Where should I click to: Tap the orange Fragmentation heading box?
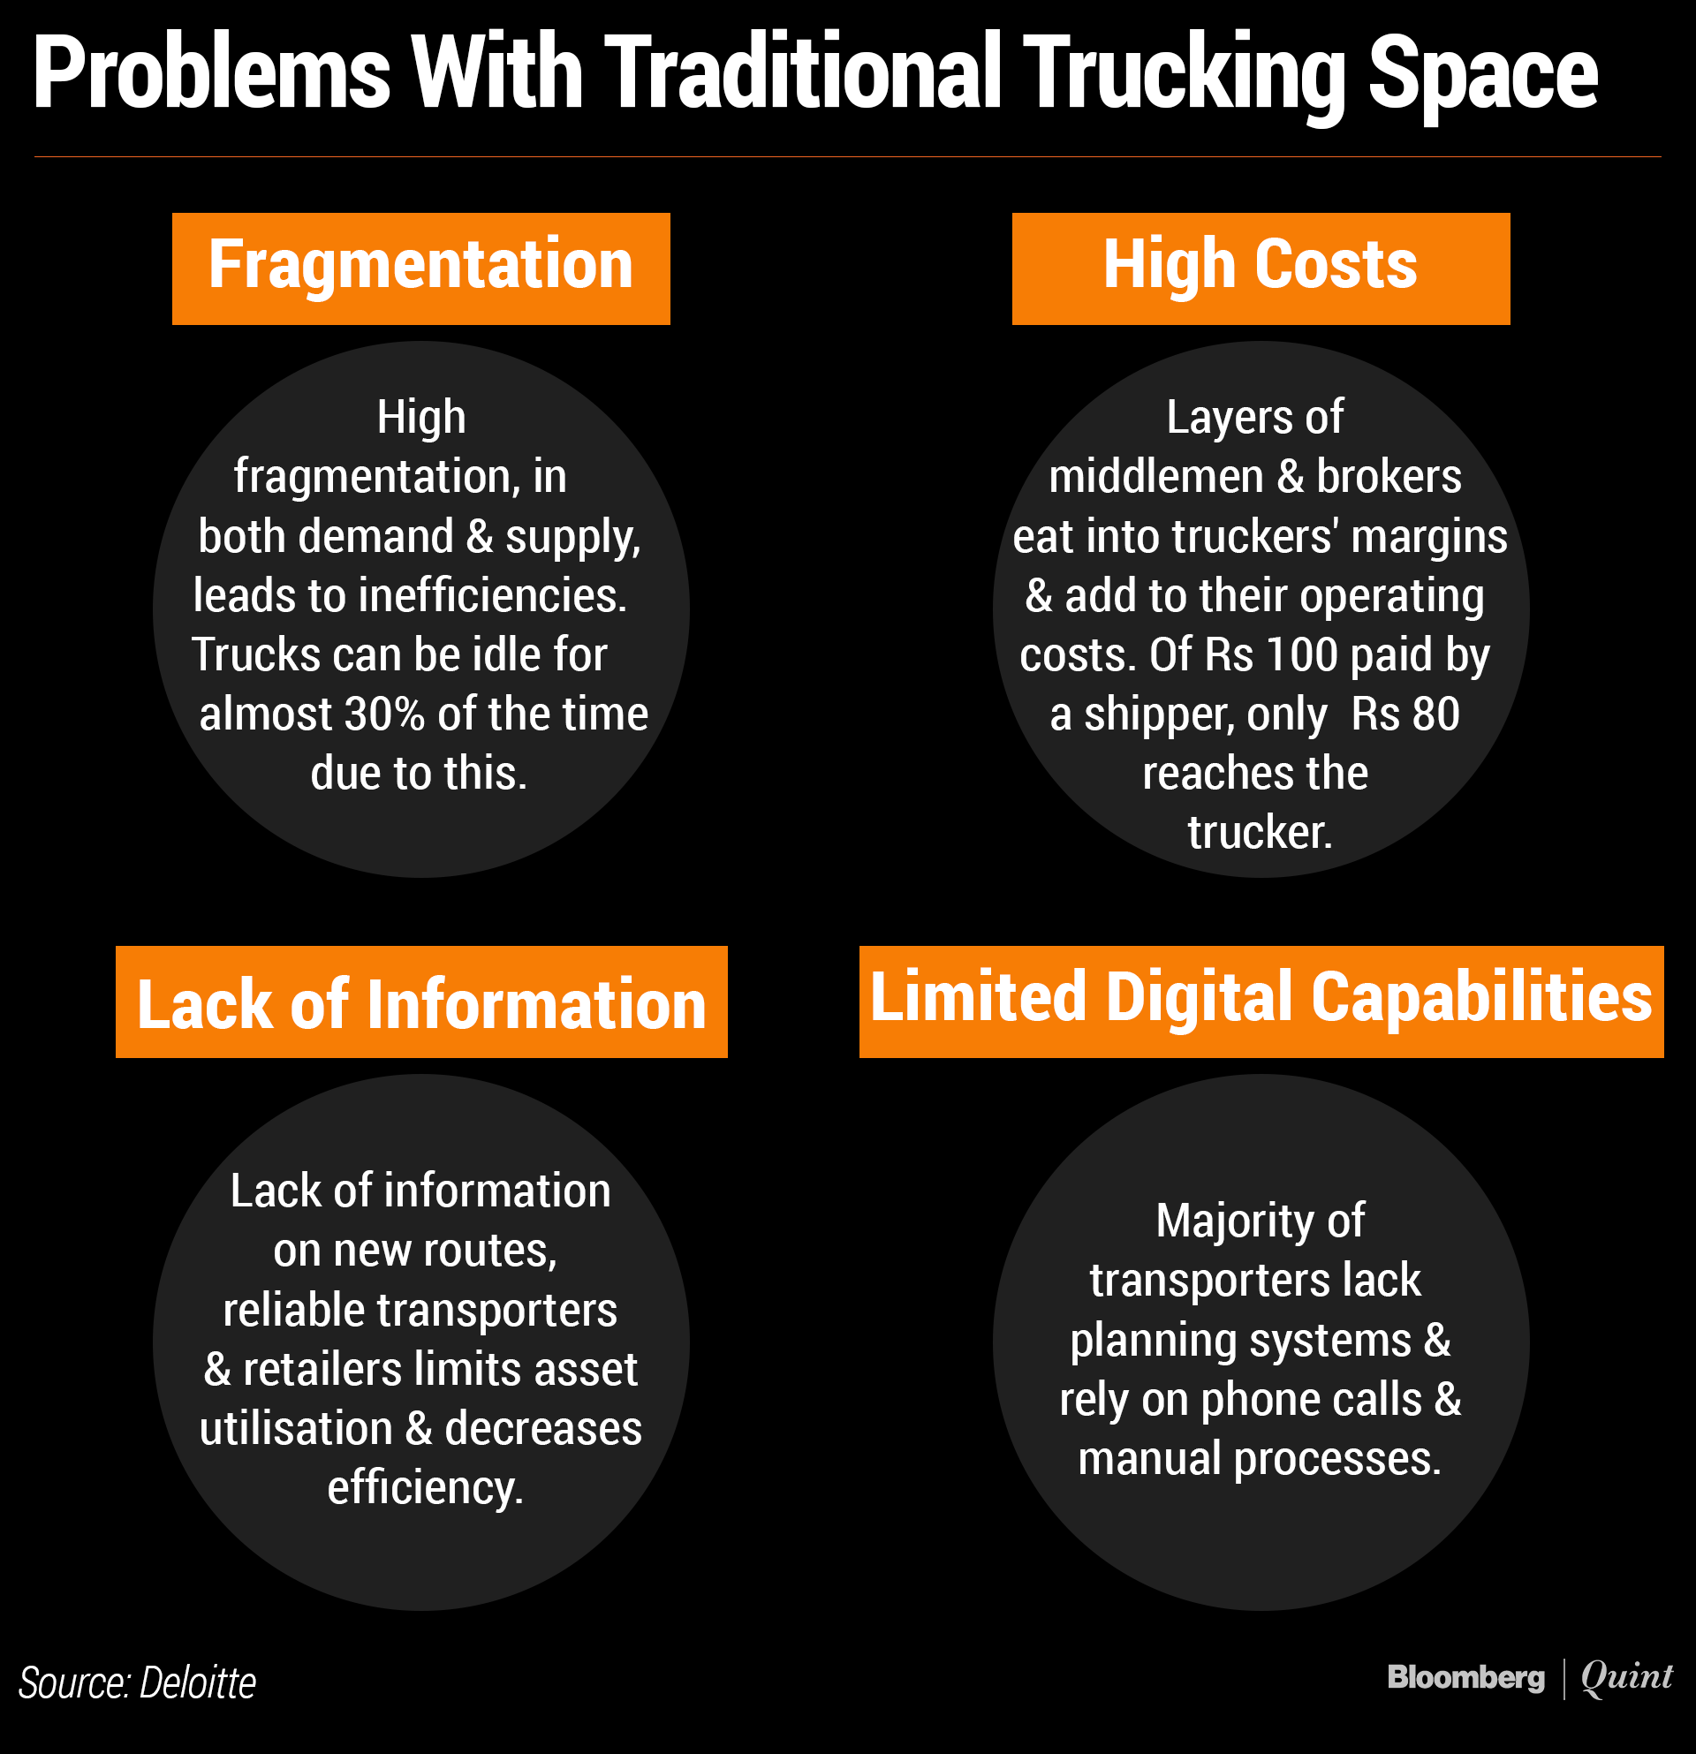420,268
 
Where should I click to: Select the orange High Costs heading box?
1261,268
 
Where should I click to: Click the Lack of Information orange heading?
420,1002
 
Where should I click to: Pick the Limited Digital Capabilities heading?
1261,1001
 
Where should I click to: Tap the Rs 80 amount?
1405,714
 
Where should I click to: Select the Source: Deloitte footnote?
137,1683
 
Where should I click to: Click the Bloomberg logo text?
1465,1677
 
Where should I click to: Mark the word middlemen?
1155,477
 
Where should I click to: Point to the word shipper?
1159,714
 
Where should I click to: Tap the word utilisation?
296,1428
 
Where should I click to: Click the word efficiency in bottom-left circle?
424,1487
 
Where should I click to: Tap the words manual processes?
1260,1459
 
